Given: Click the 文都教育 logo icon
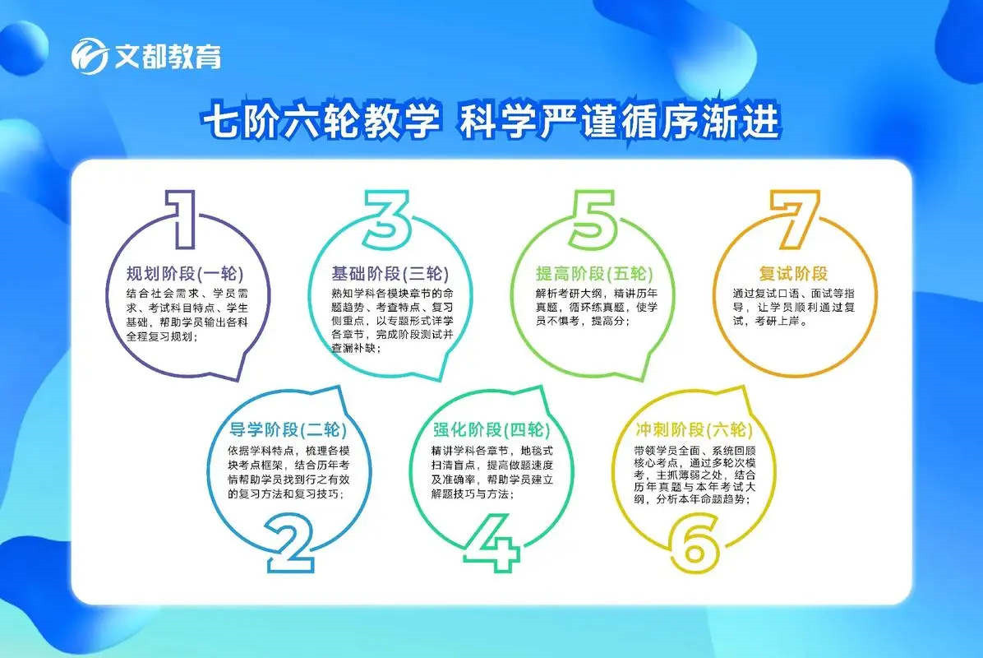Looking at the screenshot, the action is (89, 56).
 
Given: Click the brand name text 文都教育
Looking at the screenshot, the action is (168, 57).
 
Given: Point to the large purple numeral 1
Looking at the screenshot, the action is (182, 219).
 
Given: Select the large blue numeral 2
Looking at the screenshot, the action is (289, 543).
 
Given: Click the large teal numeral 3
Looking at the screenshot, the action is (386, 220).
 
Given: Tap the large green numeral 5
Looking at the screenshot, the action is (593, 220).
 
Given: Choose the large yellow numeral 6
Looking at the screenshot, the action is (694, 543).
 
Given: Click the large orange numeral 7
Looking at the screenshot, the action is (795, 220).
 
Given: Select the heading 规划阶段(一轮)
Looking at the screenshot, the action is (184, 274).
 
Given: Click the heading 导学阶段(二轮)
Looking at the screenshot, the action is (287, 429).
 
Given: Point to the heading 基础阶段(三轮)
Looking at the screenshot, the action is (390, 274).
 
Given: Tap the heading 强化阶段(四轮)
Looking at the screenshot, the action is (491, 429).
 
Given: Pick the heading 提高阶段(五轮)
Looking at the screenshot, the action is (593, 274).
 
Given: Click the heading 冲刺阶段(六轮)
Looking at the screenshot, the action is (694, 429).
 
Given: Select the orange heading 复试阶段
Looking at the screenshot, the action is (793, 274).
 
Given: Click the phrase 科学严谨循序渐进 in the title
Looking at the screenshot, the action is (620, 120).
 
